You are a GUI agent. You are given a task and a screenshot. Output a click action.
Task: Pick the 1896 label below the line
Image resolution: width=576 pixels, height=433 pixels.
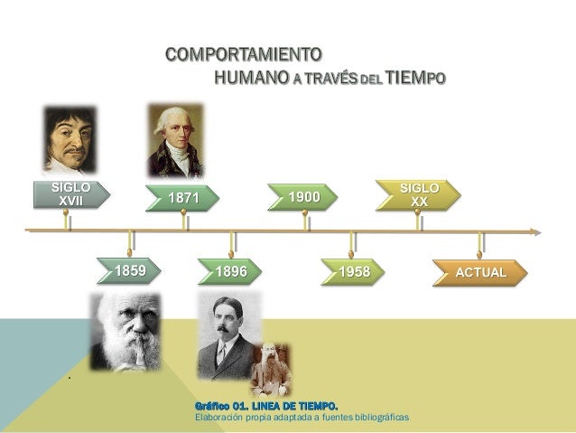pyautogui.click(x=232, y=271)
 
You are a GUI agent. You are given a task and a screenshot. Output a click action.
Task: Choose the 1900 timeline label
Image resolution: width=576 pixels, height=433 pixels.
pyautogui.click(x=304, y=197)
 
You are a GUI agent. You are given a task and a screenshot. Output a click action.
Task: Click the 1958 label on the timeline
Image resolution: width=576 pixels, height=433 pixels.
pyautogui.click(x=355, y=271)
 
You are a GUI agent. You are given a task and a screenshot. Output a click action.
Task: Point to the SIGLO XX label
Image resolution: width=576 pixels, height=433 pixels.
pyautogui.click(x=419, y=193)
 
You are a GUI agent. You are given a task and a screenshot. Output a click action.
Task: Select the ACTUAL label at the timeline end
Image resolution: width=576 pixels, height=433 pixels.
pyautogui.click(x=480, y=271)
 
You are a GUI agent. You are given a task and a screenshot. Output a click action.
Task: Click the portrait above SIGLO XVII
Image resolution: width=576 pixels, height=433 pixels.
pyautogui.click(x=70, y=140)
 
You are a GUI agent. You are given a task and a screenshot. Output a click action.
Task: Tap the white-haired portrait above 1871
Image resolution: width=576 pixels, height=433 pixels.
pyautogui.click(x=176, y=140)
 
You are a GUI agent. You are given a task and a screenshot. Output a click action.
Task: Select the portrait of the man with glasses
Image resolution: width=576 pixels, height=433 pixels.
pyautogui.click(x=226, y=334)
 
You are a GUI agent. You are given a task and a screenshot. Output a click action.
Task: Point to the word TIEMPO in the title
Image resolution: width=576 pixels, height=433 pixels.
pyautogui.click(x=414, y=79)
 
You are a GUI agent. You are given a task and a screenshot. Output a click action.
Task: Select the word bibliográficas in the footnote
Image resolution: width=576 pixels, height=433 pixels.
pyautogui.click(x=375, y=418)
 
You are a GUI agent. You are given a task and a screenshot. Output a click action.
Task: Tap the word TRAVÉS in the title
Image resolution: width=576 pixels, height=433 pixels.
pyautogui.click(x=331, y=80)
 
